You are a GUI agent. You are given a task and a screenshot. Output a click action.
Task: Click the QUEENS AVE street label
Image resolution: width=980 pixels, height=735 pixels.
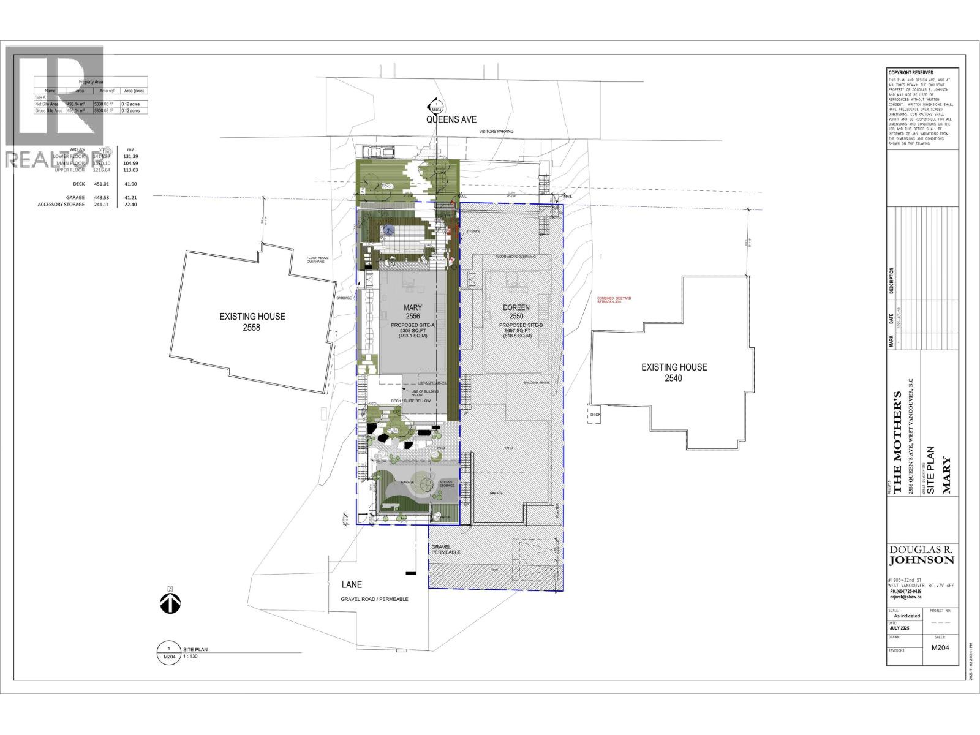[451, 120]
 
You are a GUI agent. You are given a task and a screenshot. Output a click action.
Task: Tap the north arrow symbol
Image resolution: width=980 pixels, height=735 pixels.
[170, 601]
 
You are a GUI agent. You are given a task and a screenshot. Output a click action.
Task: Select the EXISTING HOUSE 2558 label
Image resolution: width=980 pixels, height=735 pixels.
[252, 322]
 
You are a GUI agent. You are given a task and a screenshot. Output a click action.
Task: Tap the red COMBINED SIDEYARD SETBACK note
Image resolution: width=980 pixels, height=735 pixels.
[614, 300]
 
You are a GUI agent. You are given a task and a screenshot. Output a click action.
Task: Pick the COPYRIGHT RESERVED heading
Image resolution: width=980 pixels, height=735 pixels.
[911, 73]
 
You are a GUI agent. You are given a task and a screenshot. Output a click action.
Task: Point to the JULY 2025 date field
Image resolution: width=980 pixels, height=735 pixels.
[903, 628]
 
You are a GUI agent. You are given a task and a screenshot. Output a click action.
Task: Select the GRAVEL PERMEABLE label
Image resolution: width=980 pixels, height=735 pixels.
[445, 549]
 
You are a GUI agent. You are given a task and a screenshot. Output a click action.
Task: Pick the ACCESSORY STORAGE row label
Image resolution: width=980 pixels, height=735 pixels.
[61, 205]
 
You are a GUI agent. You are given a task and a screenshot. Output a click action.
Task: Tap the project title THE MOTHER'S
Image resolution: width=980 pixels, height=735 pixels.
[898, 442]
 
